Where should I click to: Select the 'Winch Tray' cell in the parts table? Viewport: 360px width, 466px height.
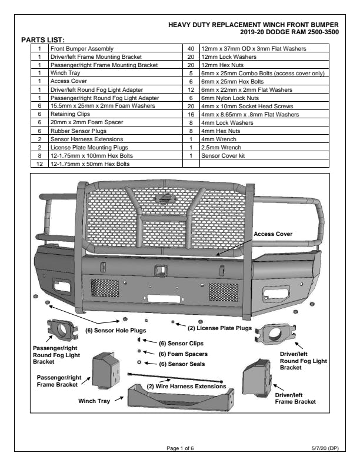click(65, 73)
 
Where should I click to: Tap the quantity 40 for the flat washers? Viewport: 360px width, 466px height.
click(191, 48)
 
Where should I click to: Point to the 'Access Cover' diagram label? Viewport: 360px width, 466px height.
click(273, 234)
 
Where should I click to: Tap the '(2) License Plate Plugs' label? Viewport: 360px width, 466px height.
click(219, 328)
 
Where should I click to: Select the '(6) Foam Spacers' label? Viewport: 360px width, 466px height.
click(183, 354)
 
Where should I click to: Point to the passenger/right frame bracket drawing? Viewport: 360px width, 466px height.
click(106, 371)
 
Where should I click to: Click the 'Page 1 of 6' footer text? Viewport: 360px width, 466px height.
click(180, 449)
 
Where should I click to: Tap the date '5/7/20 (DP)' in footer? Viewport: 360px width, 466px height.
click(325, 449)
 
